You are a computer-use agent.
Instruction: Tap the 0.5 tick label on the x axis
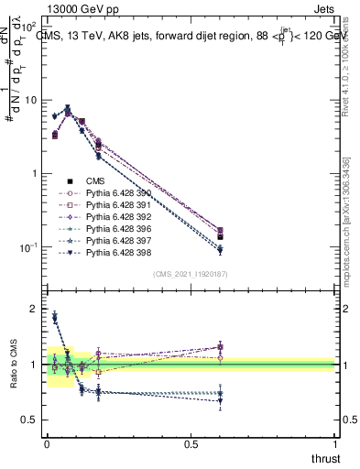point(191,444)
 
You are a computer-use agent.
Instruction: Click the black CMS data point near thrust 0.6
point(220,236)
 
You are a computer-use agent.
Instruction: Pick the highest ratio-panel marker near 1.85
point(54,317)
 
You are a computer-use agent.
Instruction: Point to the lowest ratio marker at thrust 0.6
point(220,400)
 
